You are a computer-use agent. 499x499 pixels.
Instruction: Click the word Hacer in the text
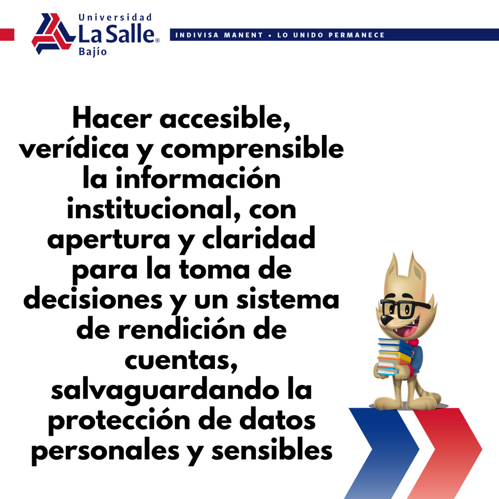pyautogui.click(x=112, y=118)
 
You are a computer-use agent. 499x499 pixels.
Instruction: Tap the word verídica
pyautogui.click(x=74, y=148)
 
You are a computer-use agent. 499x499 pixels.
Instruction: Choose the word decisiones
pyautogui.click(x=93, y=299)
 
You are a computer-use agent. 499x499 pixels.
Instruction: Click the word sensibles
pyautogui.click(x=272, y=450)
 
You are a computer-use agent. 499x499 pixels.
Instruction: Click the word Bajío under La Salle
pyautogui.click(x=93, y=52)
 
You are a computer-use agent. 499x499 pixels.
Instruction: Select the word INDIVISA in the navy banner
pyautogui.click(x=197, y=35)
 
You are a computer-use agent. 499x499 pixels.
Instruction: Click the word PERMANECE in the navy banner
pyautogui.click(x=357, y=35)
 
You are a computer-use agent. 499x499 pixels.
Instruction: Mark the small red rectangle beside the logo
pyautogui.click(x=7, y=35)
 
